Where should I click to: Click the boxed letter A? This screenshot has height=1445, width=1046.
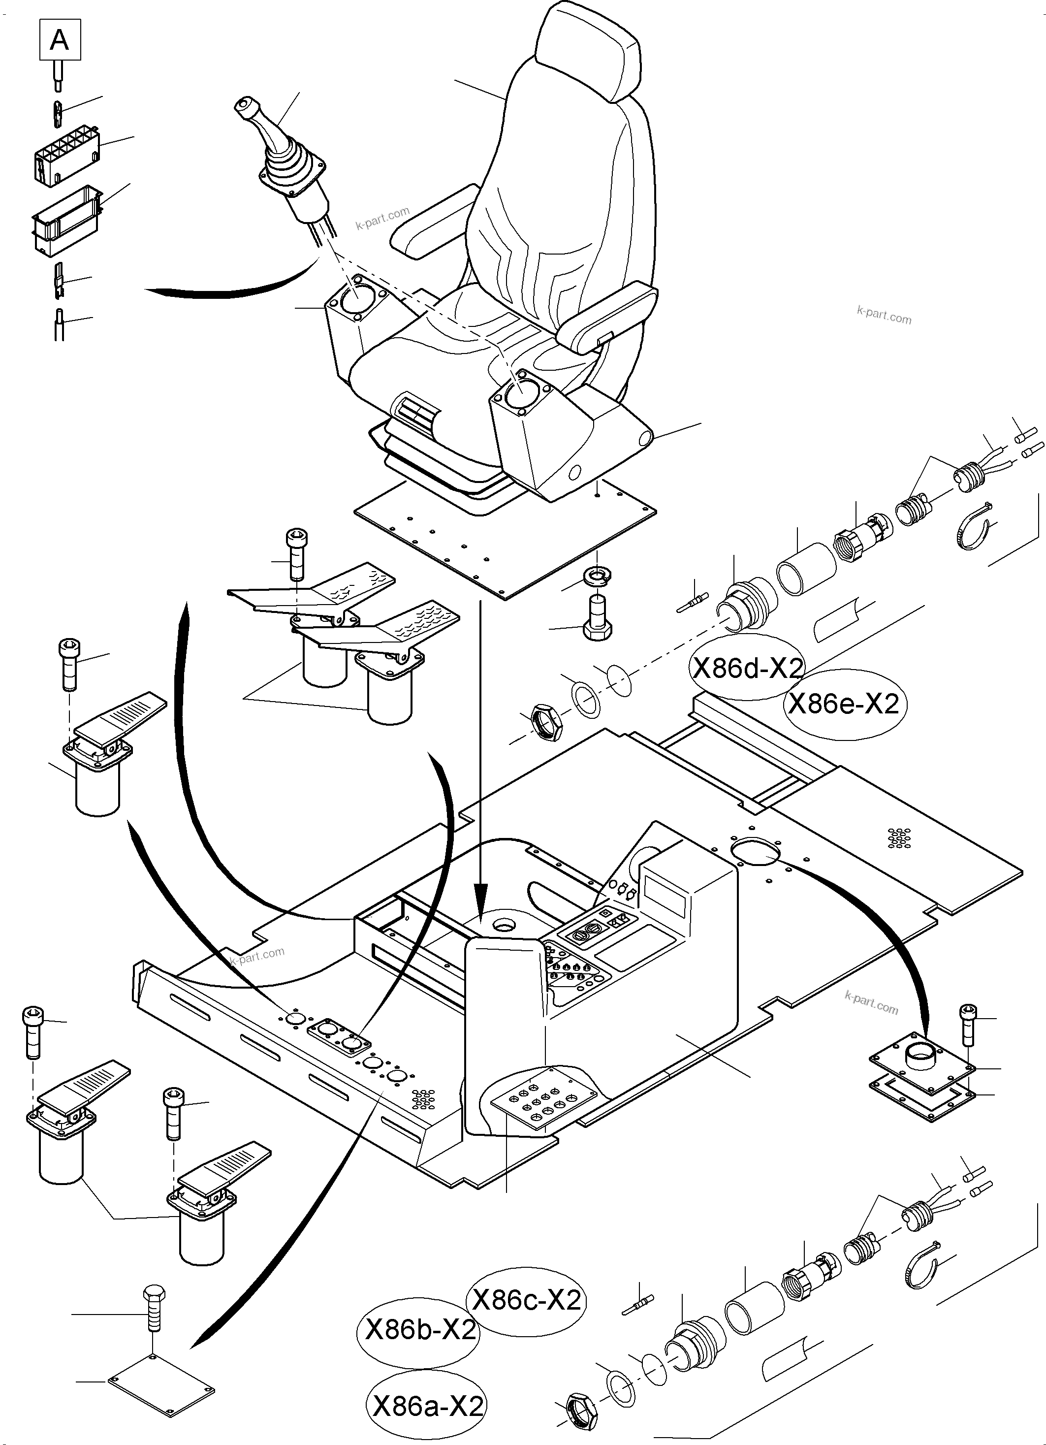click(x=60, y=40)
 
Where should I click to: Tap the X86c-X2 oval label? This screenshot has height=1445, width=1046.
click(x=526, y=1300)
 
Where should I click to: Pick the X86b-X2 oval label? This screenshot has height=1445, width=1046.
click(x=420, y=1330)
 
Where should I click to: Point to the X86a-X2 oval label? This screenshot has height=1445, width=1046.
click(x=427, y=1406)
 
